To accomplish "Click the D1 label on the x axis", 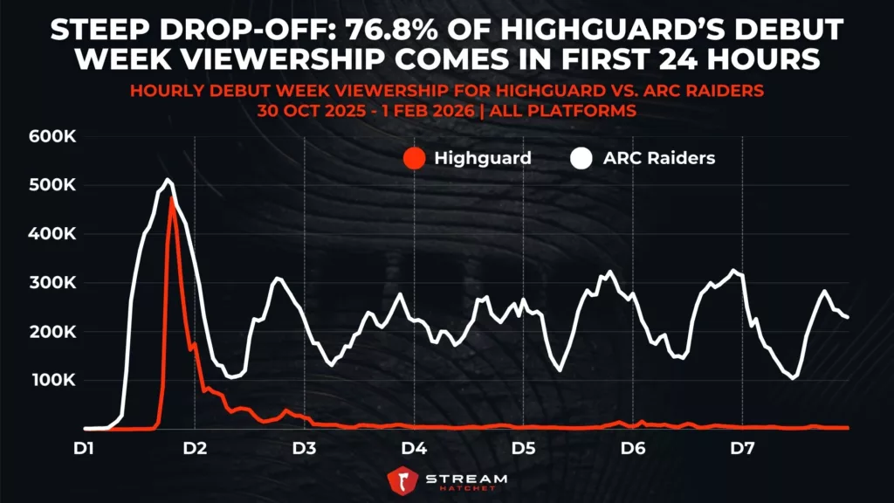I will (x=85, y=448).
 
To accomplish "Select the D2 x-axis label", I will (x=194, y=448).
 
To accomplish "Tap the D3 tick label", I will (x=304, y=448).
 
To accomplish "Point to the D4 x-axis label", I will (x=413, y=448).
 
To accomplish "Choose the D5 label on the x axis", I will (x=523, y=448).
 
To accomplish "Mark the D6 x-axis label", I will (x=632, y=448).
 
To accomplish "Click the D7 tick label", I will (x=742, y=448).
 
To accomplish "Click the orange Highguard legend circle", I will (x=414, y=158).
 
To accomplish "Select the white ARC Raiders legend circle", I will (x=580, y=158).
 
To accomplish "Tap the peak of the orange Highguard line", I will (x=172, y=198).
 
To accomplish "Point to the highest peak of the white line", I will (x=167, y=180).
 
